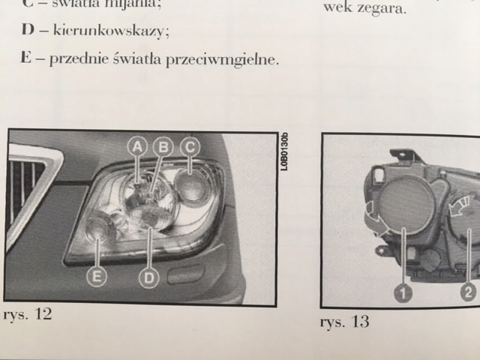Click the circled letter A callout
click(x=138, y=148)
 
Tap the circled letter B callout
click(x=163, y=148)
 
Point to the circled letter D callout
click(x=150, y=278)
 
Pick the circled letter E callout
click(x=96, y=277)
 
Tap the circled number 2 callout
click(x=469, y=293)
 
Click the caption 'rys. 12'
click(x=28, y=313)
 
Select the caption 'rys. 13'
click(x=344, y=322)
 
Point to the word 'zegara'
click(x=385, y=10)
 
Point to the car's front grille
click(x=25, y=187)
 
